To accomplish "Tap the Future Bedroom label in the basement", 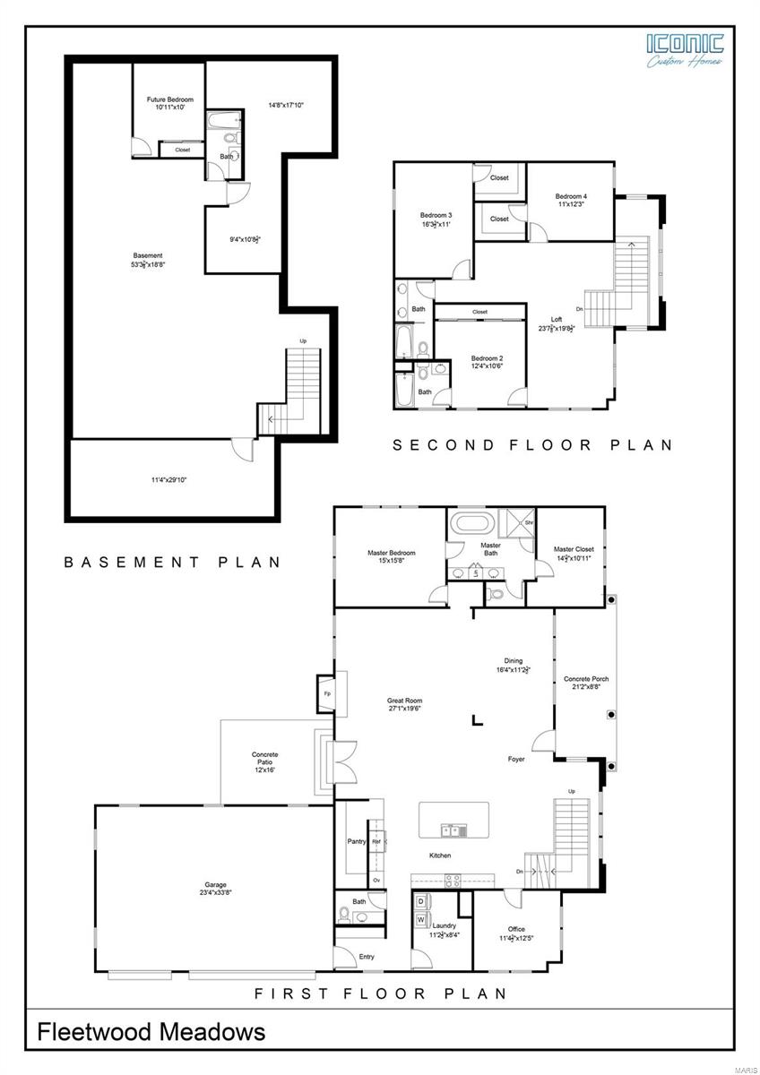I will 170,99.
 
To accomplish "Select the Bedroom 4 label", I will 571,196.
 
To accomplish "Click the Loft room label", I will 557,319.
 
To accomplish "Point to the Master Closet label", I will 574,549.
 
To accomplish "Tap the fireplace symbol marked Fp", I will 326,693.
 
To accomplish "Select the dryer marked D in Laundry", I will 420,900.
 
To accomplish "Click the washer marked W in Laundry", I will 420,919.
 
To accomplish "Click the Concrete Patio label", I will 264,755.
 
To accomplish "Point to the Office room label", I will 516,929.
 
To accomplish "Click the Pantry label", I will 356,841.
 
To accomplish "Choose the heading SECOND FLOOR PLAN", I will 532,444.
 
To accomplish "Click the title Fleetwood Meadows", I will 151,1032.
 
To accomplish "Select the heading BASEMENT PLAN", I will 172,563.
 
